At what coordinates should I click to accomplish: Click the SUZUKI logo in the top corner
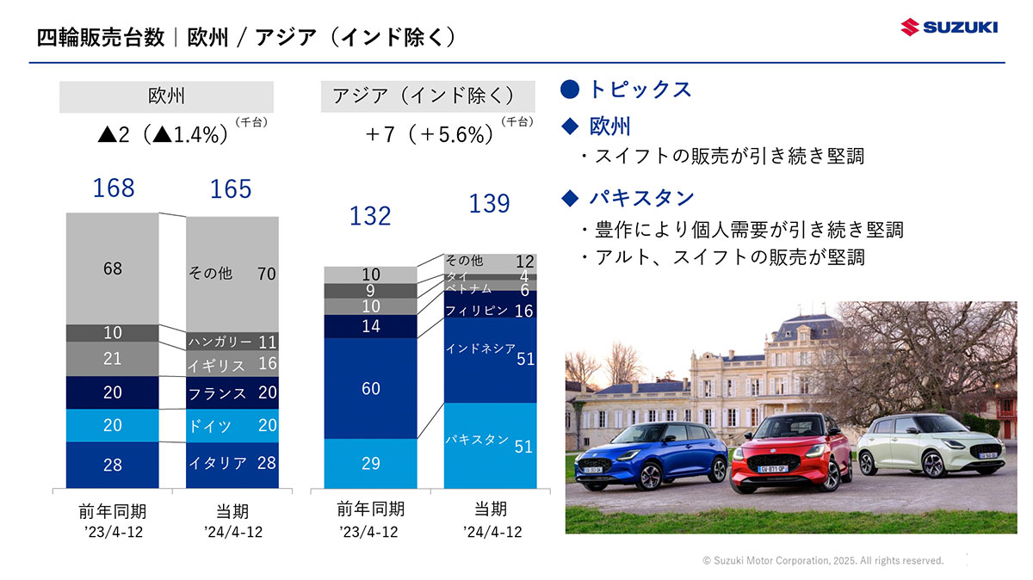pos(949,28)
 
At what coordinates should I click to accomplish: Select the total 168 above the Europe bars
pos(114,188)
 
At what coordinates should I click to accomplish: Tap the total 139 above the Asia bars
pos(489,203)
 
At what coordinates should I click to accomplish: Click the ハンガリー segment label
pos(220,342)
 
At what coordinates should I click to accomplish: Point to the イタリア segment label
pos(218,463)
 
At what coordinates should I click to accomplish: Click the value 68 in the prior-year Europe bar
pos(113,268)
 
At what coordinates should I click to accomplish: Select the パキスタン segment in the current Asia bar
pos(490,443)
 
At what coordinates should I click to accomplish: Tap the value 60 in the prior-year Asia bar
pos(371,389)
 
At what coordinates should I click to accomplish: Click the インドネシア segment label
pos(480,349)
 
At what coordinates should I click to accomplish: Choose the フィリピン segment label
pos(477,311)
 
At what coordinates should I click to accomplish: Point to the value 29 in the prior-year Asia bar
pos(371,464)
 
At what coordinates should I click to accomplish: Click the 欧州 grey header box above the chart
pos(166,96)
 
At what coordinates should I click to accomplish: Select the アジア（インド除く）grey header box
pos(424,96)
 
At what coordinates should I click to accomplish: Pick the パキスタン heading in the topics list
pos(641,198)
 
